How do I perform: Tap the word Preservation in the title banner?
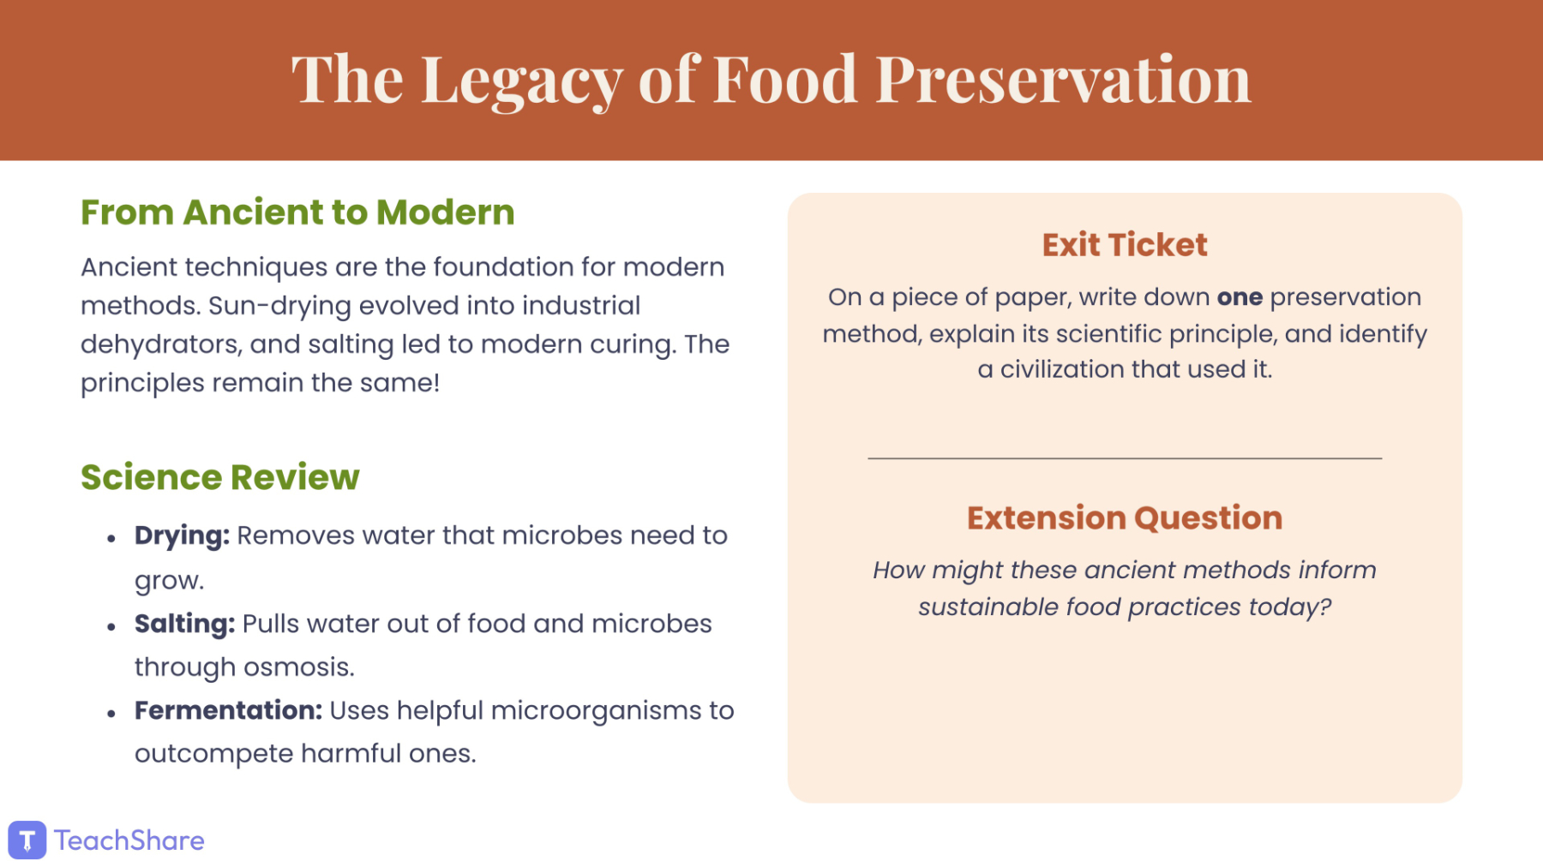1063,79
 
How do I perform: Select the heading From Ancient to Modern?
297,212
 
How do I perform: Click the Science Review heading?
220,477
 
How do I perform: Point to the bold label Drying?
182,536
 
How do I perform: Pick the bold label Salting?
184,625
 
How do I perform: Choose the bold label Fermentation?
228,710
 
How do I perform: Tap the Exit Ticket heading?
1125,245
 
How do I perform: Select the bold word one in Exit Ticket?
1240,297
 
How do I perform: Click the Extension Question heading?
1125,518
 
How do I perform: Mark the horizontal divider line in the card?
1125,458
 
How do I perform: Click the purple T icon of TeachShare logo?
27,840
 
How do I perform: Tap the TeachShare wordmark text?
129,840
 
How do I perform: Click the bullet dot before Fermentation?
111,713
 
